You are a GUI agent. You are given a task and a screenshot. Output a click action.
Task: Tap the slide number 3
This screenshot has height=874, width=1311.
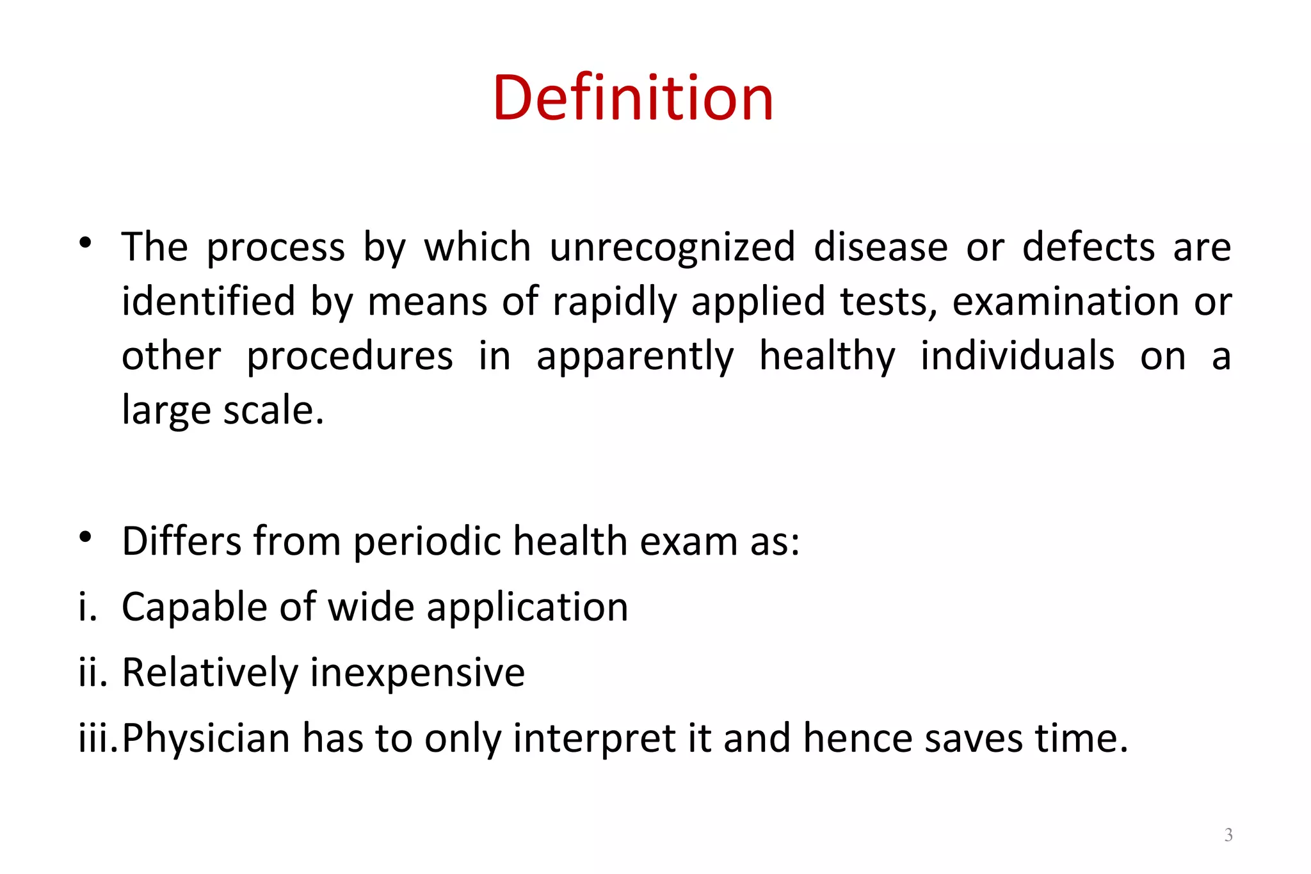[1228, 835]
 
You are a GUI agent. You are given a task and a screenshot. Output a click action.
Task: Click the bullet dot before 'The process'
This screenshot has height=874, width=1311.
[86, 243]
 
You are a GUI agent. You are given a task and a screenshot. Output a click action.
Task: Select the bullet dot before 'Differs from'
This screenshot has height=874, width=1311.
[86, 537]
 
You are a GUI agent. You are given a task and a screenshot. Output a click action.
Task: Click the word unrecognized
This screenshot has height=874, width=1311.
[672, 247]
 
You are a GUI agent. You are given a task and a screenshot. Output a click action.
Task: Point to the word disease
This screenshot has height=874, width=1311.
[880, 247]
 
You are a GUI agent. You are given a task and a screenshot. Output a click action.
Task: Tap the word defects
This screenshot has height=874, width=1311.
[1088, 247]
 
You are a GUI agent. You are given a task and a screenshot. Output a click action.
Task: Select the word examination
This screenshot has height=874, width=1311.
[1065, 302]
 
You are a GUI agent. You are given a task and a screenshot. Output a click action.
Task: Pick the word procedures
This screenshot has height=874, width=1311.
[350, 356]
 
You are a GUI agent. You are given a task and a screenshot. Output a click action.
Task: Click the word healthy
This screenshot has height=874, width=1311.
[827, 356]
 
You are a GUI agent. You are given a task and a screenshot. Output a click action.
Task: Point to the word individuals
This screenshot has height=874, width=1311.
[1017, 356]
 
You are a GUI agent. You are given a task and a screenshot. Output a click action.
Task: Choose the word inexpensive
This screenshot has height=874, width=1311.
[417, 672]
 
